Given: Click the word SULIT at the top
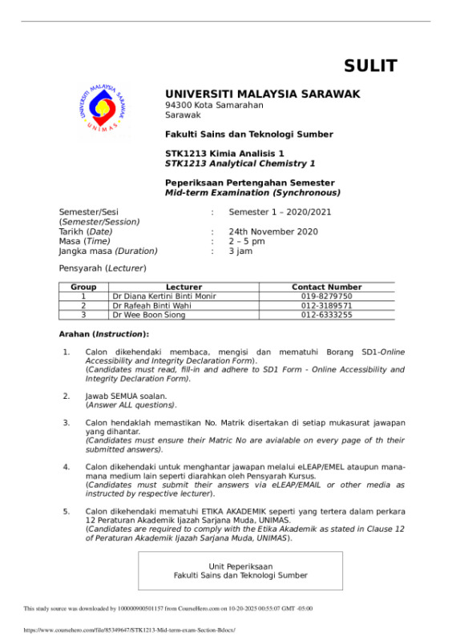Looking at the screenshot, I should coord(370,66).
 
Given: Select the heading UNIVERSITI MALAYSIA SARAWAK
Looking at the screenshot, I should coord(262,94).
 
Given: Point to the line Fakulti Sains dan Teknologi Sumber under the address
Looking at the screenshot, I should coord(248,134).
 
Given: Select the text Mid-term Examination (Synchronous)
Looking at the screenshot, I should coord(252,192).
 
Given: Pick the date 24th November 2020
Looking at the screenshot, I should coord(273,231).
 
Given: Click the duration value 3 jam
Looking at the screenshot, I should coord(240,251).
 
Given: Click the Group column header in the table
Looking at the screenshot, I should coord(83,287).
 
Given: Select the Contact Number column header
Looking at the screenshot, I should coord(326,287).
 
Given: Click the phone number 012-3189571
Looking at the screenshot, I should coord(326,305).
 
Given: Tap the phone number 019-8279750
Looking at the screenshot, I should coord(326,296).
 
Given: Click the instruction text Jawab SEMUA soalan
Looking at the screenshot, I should coord(126,396).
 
